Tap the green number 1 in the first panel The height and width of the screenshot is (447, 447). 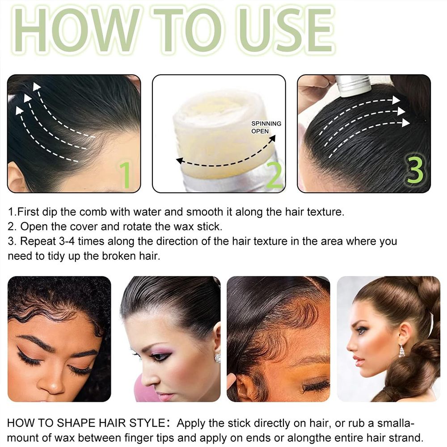pos(125,175)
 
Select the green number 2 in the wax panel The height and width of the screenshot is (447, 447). pos(274,175)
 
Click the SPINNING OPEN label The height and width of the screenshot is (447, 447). pos(266,127)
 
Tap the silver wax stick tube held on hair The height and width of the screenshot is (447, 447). pos(353,85)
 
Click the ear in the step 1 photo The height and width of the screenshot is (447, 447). pos(17,177)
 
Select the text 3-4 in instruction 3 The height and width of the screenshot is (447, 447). pos(67,241)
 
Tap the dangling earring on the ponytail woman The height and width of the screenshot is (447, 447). pos(402,350)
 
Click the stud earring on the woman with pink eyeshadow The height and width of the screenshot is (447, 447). pos(218,358)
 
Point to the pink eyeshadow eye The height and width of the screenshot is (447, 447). pos(160,355)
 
